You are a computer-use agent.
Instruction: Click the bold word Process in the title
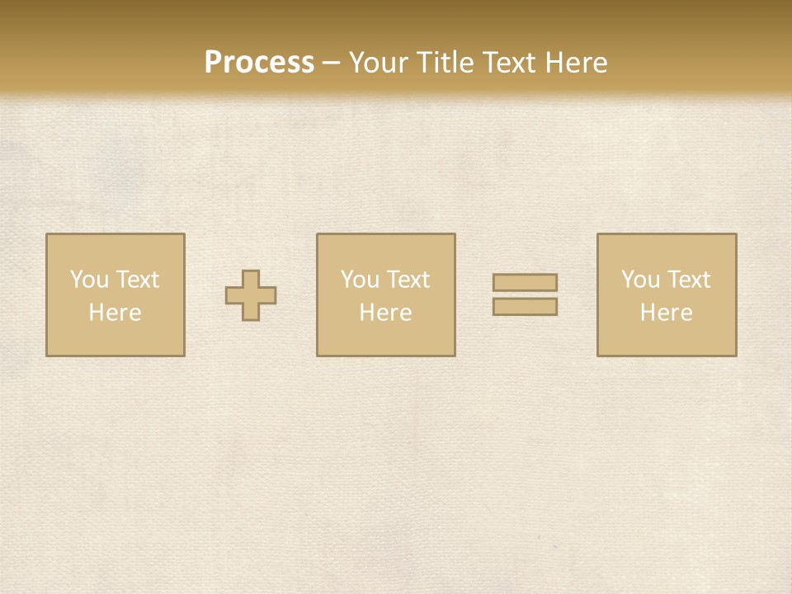(259, 63)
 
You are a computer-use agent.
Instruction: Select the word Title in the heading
(445, 63)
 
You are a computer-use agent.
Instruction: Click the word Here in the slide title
(576, 63)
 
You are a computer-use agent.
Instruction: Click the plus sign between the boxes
(251, 295)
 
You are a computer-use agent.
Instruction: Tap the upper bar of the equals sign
(525, 282)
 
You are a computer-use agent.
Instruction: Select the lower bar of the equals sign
(525, 306)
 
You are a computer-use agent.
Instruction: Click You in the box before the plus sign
(89, 280)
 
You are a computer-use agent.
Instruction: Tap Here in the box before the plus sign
(115, 313)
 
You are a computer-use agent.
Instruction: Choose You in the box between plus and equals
(360, 280)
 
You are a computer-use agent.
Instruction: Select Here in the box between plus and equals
(385, 313)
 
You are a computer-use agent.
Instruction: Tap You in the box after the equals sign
(640, 280)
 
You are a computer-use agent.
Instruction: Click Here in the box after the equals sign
(666, 313)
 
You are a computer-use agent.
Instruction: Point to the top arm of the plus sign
(251, 278)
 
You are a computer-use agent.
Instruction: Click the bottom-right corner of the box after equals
(735, 355)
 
